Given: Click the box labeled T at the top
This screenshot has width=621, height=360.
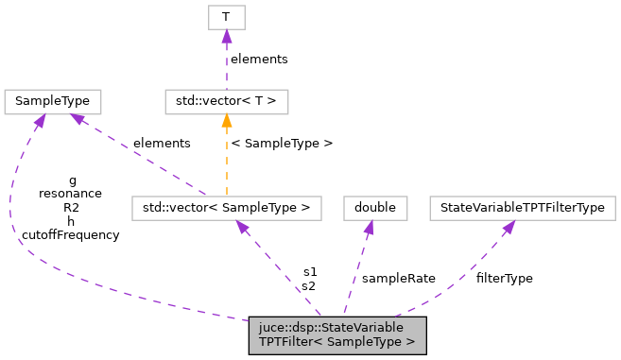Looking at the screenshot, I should coord(225,17).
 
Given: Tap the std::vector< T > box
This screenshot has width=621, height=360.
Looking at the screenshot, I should coord(226,99).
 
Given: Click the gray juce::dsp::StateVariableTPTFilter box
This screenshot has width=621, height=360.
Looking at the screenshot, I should coord(337,334).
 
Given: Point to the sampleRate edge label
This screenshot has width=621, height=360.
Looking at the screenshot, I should coord(398,279).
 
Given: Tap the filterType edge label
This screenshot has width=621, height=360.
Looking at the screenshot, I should coord(504,279).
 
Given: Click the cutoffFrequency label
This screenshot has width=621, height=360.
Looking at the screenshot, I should coord(70,234).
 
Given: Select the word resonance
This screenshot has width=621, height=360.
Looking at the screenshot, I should coord(70,193).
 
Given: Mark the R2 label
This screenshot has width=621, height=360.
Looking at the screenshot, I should coord(71,207).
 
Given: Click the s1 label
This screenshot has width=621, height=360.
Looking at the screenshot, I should coord(309,271).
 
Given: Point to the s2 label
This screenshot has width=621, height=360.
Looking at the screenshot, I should coord(309,285).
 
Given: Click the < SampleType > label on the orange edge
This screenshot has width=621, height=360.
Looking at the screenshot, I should coord(282,144).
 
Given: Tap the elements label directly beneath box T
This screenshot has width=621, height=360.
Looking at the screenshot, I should coord(259,59).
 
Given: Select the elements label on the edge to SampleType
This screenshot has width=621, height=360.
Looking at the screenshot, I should coord(162,143).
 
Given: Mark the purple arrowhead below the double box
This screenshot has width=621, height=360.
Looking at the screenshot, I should coord(368,226).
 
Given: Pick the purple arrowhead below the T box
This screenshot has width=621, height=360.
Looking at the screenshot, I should coord(225,36).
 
